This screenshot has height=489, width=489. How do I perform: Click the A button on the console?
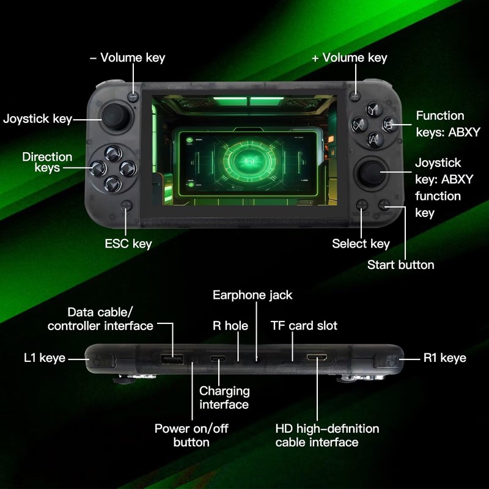pyautogui.click(x=372, y=139)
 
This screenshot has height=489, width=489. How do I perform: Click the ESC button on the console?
pyautogui.click(x=127, y=207)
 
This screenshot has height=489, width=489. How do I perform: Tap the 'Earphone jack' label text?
pyautogui.click(x=252, y=295)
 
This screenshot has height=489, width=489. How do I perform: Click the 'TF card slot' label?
pyautogui.click(x=304, y=326)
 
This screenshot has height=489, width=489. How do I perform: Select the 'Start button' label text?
pyautogui.click(x=400, y=265)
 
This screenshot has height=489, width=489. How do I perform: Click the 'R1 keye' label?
pyautogui.click(x=444, y=358)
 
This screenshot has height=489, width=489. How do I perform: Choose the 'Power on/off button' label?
pyautogui.click(x=191, y=435)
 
